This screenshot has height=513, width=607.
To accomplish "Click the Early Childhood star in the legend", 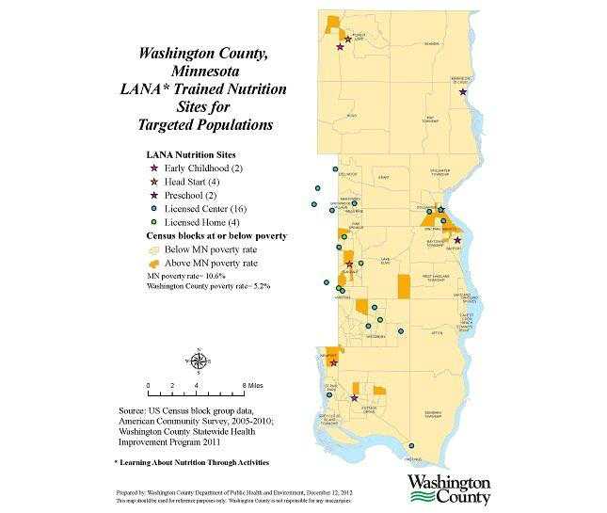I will [x=154, y=167].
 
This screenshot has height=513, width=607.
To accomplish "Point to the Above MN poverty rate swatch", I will [x=153, y=263].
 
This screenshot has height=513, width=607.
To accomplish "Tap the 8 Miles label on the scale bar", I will [x=251, y=386].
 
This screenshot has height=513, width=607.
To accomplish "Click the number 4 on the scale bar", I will [x=196, y=386].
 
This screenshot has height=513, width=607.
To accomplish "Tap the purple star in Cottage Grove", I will [x=354, y=398].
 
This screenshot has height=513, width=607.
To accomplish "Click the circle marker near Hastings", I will [x=409, y=446].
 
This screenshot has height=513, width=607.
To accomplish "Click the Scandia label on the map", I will [x=432, y=43].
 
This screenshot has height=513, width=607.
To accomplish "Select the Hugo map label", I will [x=351, y=115].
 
